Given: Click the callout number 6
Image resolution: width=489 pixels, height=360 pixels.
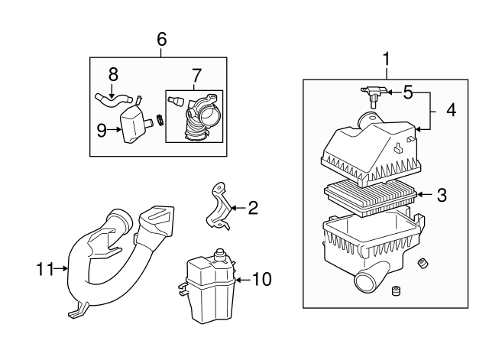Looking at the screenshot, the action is pos(162,39).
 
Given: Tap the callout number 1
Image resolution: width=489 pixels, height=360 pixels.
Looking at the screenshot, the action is pos(387,59).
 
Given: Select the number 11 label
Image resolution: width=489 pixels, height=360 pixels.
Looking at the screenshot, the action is pos(45,268).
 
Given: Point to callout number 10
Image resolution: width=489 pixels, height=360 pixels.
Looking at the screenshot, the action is pos(261,279).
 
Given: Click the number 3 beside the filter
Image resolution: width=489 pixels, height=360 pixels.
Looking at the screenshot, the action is pos(442,195).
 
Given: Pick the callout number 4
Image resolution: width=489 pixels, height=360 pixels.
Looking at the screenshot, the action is pos(452,110).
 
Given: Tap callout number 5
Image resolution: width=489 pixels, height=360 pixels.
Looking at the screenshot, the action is pos(408,92).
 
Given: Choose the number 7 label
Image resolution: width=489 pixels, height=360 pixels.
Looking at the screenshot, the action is pos(197,75).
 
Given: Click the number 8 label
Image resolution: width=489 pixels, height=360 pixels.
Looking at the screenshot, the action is pos(113,75).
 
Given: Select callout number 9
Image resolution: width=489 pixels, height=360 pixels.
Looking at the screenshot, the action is pos(102,131).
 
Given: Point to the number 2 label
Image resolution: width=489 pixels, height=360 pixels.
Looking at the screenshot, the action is pos(253,208).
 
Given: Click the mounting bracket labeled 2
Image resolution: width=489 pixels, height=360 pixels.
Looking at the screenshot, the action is pos(219,206).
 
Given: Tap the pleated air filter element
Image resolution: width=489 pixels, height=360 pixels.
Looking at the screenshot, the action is pos(371,199).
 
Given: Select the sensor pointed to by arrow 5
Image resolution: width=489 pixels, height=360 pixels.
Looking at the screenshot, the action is pos(374,95).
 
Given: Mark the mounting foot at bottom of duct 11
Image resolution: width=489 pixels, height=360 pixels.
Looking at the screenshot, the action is pos(77,311).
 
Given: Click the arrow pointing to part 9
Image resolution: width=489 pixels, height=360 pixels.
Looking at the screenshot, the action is pos(114,129).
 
